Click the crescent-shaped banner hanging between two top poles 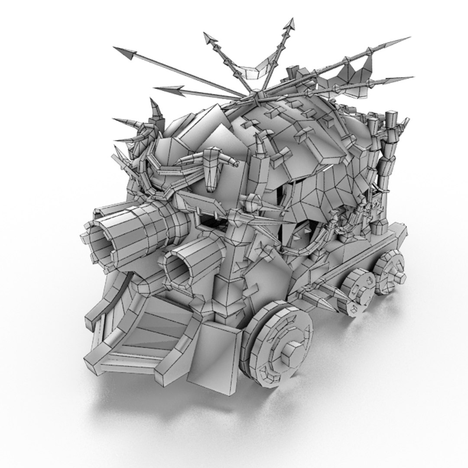(256, 70)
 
